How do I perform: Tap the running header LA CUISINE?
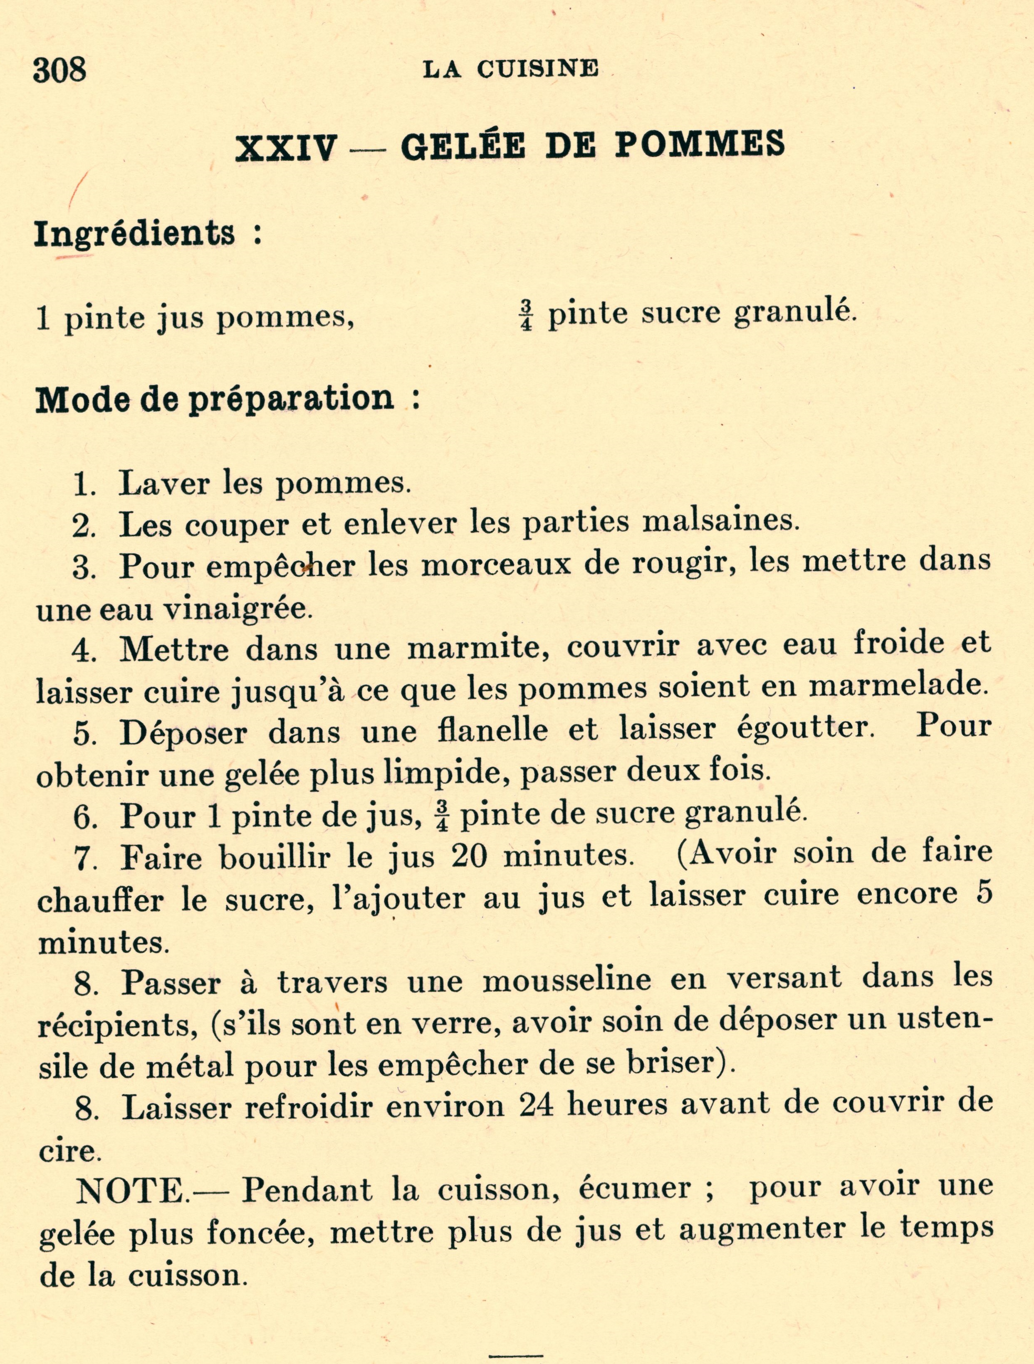(x=510, y=69)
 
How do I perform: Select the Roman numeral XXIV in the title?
(x=287, y=148)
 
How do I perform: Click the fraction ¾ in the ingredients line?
(x=526, y=316)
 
